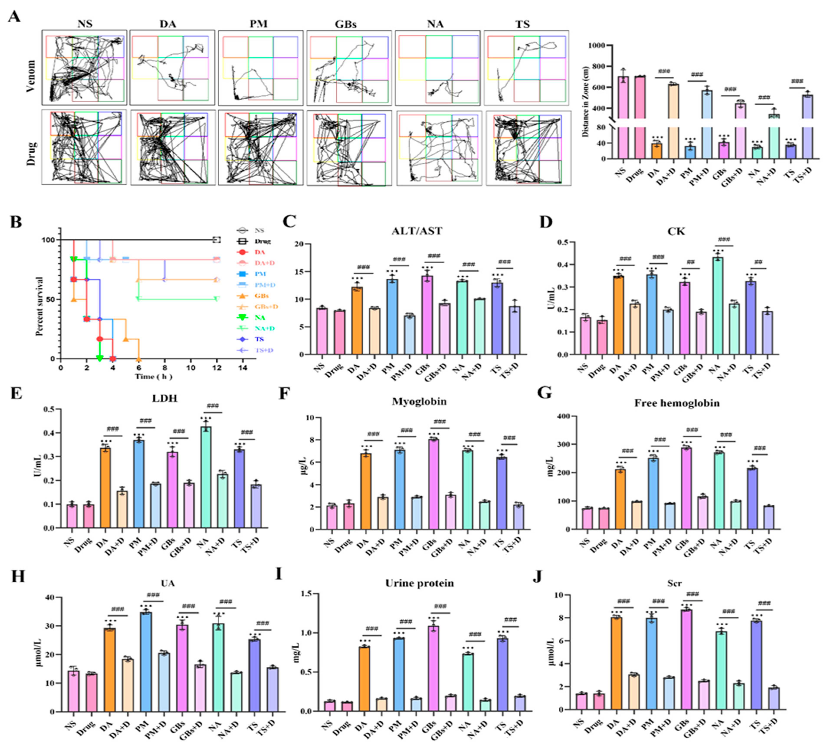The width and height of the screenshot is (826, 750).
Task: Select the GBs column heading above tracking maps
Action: [345, 24]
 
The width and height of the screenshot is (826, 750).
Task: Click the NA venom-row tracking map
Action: [437, 68]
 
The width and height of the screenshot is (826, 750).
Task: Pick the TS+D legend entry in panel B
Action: [264, 350]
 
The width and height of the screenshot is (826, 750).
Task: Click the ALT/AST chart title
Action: [417, 231]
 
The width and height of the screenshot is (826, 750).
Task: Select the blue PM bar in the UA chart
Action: [145, 662]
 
